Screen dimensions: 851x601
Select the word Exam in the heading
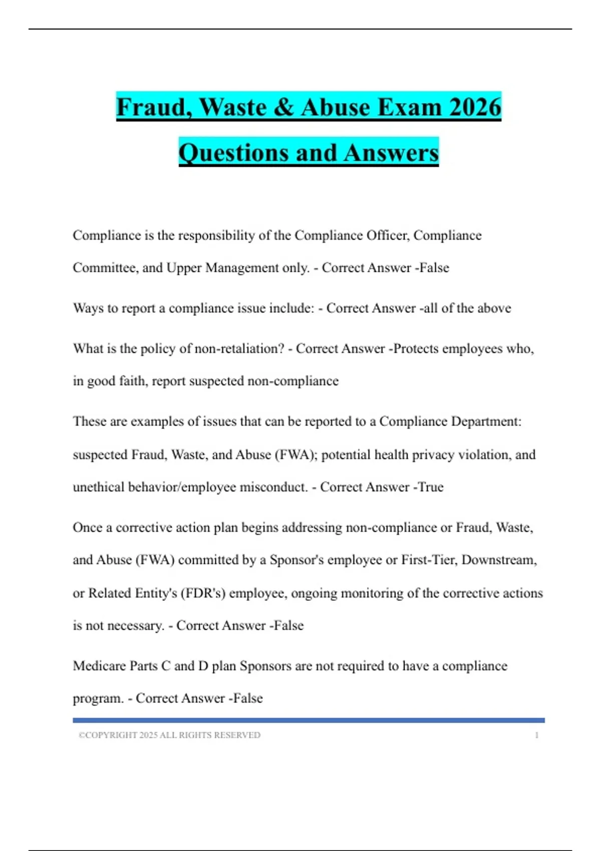(x=409, y=107)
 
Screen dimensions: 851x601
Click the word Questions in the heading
(x=234, y=153)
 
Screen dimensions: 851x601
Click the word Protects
(x=416, y=348)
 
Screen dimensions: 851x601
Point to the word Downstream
(x=499, y=560)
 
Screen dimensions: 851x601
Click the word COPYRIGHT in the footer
(x=111, y=735)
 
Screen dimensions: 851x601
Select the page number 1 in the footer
(x=536, y=735)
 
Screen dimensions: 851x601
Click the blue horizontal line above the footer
(x=309, y=720)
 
